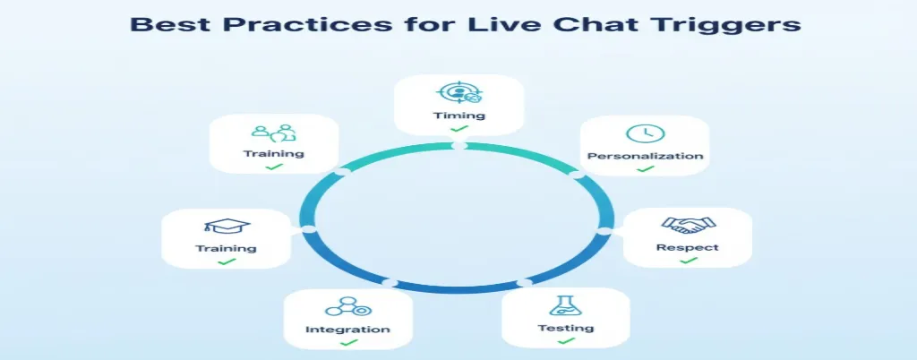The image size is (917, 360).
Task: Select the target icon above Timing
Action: click(x=458, y=93)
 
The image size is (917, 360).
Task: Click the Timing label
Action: click(x=459, y=116)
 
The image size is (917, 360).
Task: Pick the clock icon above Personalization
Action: click(x=644, y=133)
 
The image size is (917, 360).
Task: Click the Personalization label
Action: click(x=645, y=156)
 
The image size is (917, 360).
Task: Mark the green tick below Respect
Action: click(x=687, y=260)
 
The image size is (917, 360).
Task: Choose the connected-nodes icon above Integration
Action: click(x=347, y=307)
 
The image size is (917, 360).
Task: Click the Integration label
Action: click(x=347, y=330)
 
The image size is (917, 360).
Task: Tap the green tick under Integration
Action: click(x=347, y=343)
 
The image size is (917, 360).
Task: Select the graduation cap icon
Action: click(x=227, y=227)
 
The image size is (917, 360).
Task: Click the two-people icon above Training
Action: click(x=273, y=133)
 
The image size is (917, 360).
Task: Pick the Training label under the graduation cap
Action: click(x=227, y=248)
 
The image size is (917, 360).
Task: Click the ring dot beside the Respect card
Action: click(x=604, y=231)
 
